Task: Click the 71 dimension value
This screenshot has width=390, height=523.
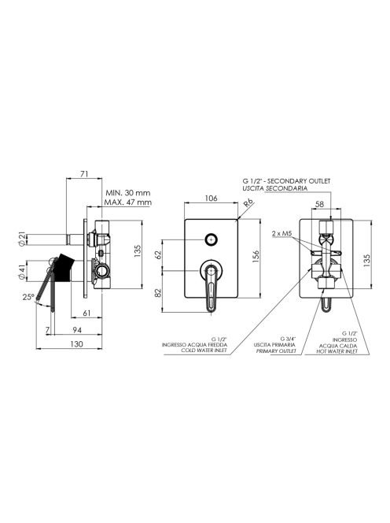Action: [84, 174]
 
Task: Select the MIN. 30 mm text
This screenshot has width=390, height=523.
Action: [128, 193]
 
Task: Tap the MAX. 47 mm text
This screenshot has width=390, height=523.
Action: [128, 202]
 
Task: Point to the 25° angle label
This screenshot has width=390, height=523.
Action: [28, 296]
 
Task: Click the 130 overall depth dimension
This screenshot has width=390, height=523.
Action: [76, 344]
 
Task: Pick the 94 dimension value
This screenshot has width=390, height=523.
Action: [77, 330]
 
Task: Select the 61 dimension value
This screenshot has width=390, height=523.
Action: [86, 313]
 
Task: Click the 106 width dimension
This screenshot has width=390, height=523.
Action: [211, 198]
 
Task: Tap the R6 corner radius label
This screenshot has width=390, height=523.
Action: [248, 203]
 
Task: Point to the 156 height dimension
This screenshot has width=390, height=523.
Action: [256, 257]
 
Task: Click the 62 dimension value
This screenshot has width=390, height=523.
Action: [158, 254]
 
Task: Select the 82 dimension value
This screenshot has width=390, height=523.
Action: [158, 292]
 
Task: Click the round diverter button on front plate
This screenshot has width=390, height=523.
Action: [212, 239]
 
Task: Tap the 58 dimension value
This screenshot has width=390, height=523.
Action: [319, 204]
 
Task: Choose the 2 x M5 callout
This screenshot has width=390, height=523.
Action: [281, 233]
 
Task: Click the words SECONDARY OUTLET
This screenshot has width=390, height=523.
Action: [299, 181]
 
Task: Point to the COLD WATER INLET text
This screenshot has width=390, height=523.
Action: [204, 351]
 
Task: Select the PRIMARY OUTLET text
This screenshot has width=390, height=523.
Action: [276, 351]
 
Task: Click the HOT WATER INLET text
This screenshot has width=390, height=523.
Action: [337, 351]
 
